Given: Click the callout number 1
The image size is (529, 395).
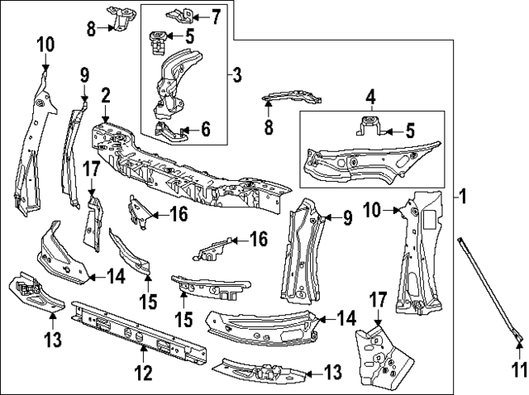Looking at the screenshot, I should pyautogui.click(x=464, y=197).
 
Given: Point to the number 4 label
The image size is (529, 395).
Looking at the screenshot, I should pyautogui.click(x=370, y=98).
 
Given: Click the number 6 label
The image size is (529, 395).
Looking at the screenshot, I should pyautogui.click(x=205, y=129).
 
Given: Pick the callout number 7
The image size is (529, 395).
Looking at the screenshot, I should pyautogui.click(x=215, y=15).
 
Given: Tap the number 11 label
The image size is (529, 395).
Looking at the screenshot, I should pyautogui.click(x=518, y=369).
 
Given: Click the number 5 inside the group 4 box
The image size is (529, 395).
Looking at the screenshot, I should pyautogui.click(x=407, y=131).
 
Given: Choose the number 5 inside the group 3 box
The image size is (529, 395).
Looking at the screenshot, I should pyautogui.click(x=189, y=36).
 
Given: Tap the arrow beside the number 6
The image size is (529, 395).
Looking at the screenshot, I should pyautogui.click(x=189, y=129).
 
